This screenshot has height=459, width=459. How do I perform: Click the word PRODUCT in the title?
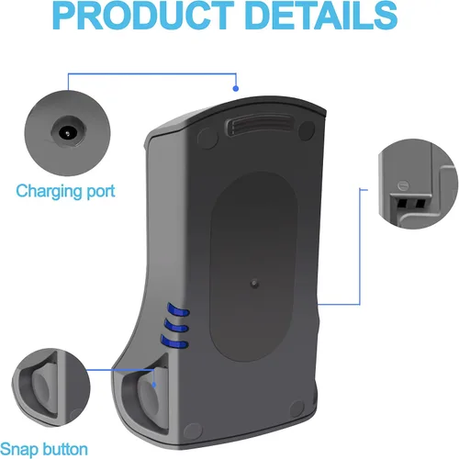tap(141, 15)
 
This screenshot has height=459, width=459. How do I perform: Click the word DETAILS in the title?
tap(321, 15)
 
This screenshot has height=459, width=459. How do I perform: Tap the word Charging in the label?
tap(49, 192)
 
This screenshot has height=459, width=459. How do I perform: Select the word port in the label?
tap(101, 192)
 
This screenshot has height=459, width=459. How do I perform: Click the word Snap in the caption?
tap(19, 450)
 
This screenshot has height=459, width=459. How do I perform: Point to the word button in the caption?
tap(65, 449)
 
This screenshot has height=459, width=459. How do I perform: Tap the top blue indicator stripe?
tap(178, 309)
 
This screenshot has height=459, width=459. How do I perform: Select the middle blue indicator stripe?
tap(175, 325)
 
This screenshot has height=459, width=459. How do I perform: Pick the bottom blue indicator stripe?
tap(174, 341)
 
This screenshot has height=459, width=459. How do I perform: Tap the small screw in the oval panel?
tap(254, 284)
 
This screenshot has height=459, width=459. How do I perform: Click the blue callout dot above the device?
tap(236, 88)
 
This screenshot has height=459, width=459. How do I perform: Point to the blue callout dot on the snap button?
tap(154, 385)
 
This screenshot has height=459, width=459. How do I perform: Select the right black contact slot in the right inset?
tap(420, 203)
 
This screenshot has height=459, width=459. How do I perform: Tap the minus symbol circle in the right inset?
tap(403, 185)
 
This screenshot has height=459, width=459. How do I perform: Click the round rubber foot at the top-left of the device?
tap(207, 138)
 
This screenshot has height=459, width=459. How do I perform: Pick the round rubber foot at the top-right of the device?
tap(307, 130)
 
